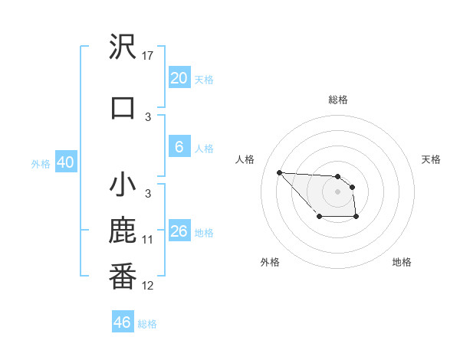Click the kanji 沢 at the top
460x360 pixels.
click(123, 46)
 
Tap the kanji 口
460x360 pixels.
click(123, 106)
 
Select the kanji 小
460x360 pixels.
click(123, 185)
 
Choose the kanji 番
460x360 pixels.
click(123, 277)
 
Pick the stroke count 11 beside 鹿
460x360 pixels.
click(148, 240)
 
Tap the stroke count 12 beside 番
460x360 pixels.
click(148, 286)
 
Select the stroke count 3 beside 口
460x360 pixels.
click(148, 117)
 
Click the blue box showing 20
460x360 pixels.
click(179, 78)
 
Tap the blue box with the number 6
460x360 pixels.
click(179, 147)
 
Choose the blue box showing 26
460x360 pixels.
click(179, 231)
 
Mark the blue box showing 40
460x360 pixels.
click(65, 162)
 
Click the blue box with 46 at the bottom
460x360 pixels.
click(123, 322)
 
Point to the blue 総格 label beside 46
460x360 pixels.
click(147, 324)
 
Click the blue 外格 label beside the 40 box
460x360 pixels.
click(41, 163)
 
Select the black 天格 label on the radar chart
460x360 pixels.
click(431, 159)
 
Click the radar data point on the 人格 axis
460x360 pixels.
click(280, 172)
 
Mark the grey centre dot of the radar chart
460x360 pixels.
click(337, 191)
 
